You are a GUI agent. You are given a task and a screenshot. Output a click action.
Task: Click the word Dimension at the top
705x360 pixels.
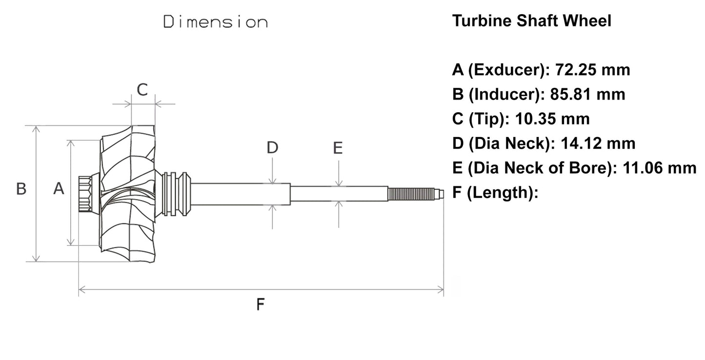[x=215, y=22]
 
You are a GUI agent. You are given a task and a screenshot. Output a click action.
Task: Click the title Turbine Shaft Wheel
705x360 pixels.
[x=531, y=21]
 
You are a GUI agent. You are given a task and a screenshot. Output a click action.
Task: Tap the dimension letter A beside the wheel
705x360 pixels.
[x=59, y=188]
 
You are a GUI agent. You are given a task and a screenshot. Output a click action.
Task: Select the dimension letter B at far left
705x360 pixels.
[x=21, y=189]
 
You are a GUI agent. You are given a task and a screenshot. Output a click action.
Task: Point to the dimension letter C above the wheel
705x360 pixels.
[x=142, y=90]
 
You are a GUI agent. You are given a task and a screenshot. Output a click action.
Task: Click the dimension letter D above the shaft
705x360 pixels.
[x=272, y=147]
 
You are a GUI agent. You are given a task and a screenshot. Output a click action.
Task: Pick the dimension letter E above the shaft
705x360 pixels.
[x=338, y=147]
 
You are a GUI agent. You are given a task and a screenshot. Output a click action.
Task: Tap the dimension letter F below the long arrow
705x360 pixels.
[x=261, y=305]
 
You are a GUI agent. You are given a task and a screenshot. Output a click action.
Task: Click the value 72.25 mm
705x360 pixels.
[x=590, y=70]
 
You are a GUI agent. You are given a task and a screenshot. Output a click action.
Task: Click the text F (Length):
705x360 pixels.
[x=495, y=193]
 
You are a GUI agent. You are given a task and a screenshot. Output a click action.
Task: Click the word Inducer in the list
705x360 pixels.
[x=502, y=94]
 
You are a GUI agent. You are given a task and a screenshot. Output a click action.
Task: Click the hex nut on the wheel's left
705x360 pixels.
[x=87, y=194]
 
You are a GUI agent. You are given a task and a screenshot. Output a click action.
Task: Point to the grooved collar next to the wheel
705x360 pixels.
[x=176, y=194]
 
